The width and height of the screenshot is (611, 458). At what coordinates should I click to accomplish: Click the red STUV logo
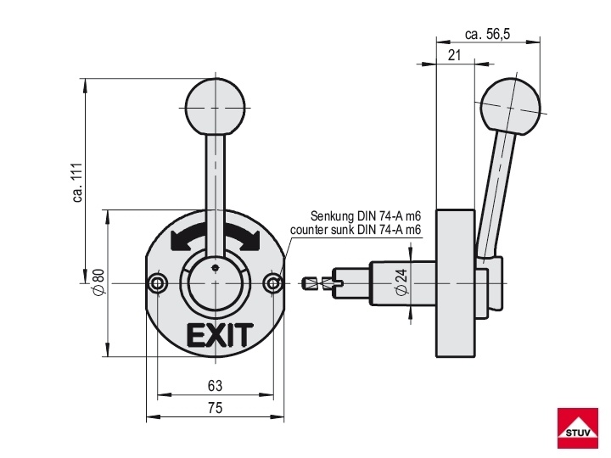(x=578, y=427)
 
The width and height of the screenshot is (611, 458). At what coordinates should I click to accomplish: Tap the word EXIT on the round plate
(x=220, y=335)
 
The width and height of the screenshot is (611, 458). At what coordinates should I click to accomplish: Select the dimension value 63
(x=215, y=386)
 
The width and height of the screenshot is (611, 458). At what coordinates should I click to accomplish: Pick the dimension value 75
(x=215, y=408)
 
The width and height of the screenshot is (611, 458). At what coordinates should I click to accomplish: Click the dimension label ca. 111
(x=78, y=182)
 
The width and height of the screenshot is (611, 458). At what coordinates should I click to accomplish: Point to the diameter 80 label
(x=98, y=282)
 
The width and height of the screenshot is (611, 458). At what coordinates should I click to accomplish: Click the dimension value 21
(x=454, y=55)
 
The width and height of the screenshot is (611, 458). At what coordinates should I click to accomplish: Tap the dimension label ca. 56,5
(x=487, y=34)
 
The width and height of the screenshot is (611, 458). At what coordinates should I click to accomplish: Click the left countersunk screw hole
(x=158, y=283)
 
